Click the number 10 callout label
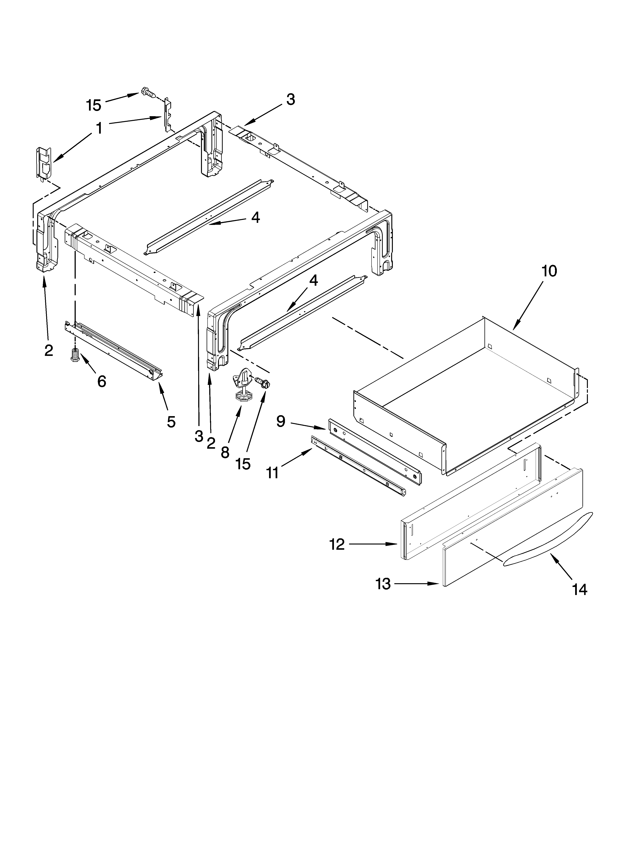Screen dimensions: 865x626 (549, 271)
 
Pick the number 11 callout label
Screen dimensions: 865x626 (272, 473)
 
